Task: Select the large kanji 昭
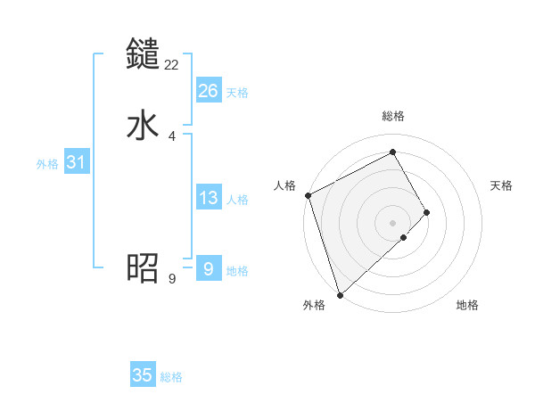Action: point(144,267)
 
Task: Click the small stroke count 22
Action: point(172,64)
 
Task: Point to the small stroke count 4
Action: point(172,136)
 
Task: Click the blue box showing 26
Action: point(209,91)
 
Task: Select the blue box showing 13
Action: point(209,198)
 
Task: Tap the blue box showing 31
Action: point(76,163)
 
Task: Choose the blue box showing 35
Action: point(143,375)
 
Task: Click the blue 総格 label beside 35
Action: point(171,377)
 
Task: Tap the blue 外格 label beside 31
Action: point(47,164)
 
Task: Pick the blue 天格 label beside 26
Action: point(237,93)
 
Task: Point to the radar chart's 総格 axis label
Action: point(393,116)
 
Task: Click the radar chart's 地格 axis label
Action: point(467,305)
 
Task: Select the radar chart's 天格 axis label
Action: point(502,185)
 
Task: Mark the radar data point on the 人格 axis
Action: point(308,195)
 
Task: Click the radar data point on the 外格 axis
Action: point(339,294)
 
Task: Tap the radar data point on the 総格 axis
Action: point(393,152)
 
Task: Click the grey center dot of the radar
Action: point(393,222)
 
